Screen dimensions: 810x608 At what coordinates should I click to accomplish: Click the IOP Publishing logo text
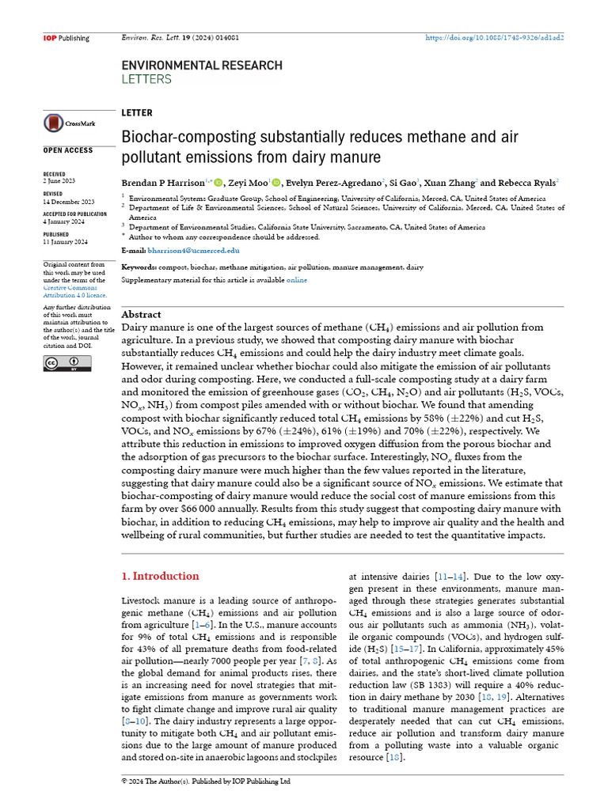[65, 38]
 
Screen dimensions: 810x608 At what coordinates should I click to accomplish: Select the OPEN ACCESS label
[67, 150]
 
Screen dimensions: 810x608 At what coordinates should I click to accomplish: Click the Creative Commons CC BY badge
[67, 363]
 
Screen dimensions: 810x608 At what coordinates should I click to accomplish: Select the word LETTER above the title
[137, 113]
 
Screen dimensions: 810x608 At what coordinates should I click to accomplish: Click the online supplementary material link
[297, 280]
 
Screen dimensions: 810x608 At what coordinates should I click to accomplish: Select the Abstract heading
[141, 314]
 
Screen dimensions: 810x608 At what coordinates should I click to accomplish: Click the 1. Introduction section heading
[160, 576]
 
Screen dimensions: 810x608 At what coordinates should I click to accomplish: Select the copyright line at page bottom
[206, 782]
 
